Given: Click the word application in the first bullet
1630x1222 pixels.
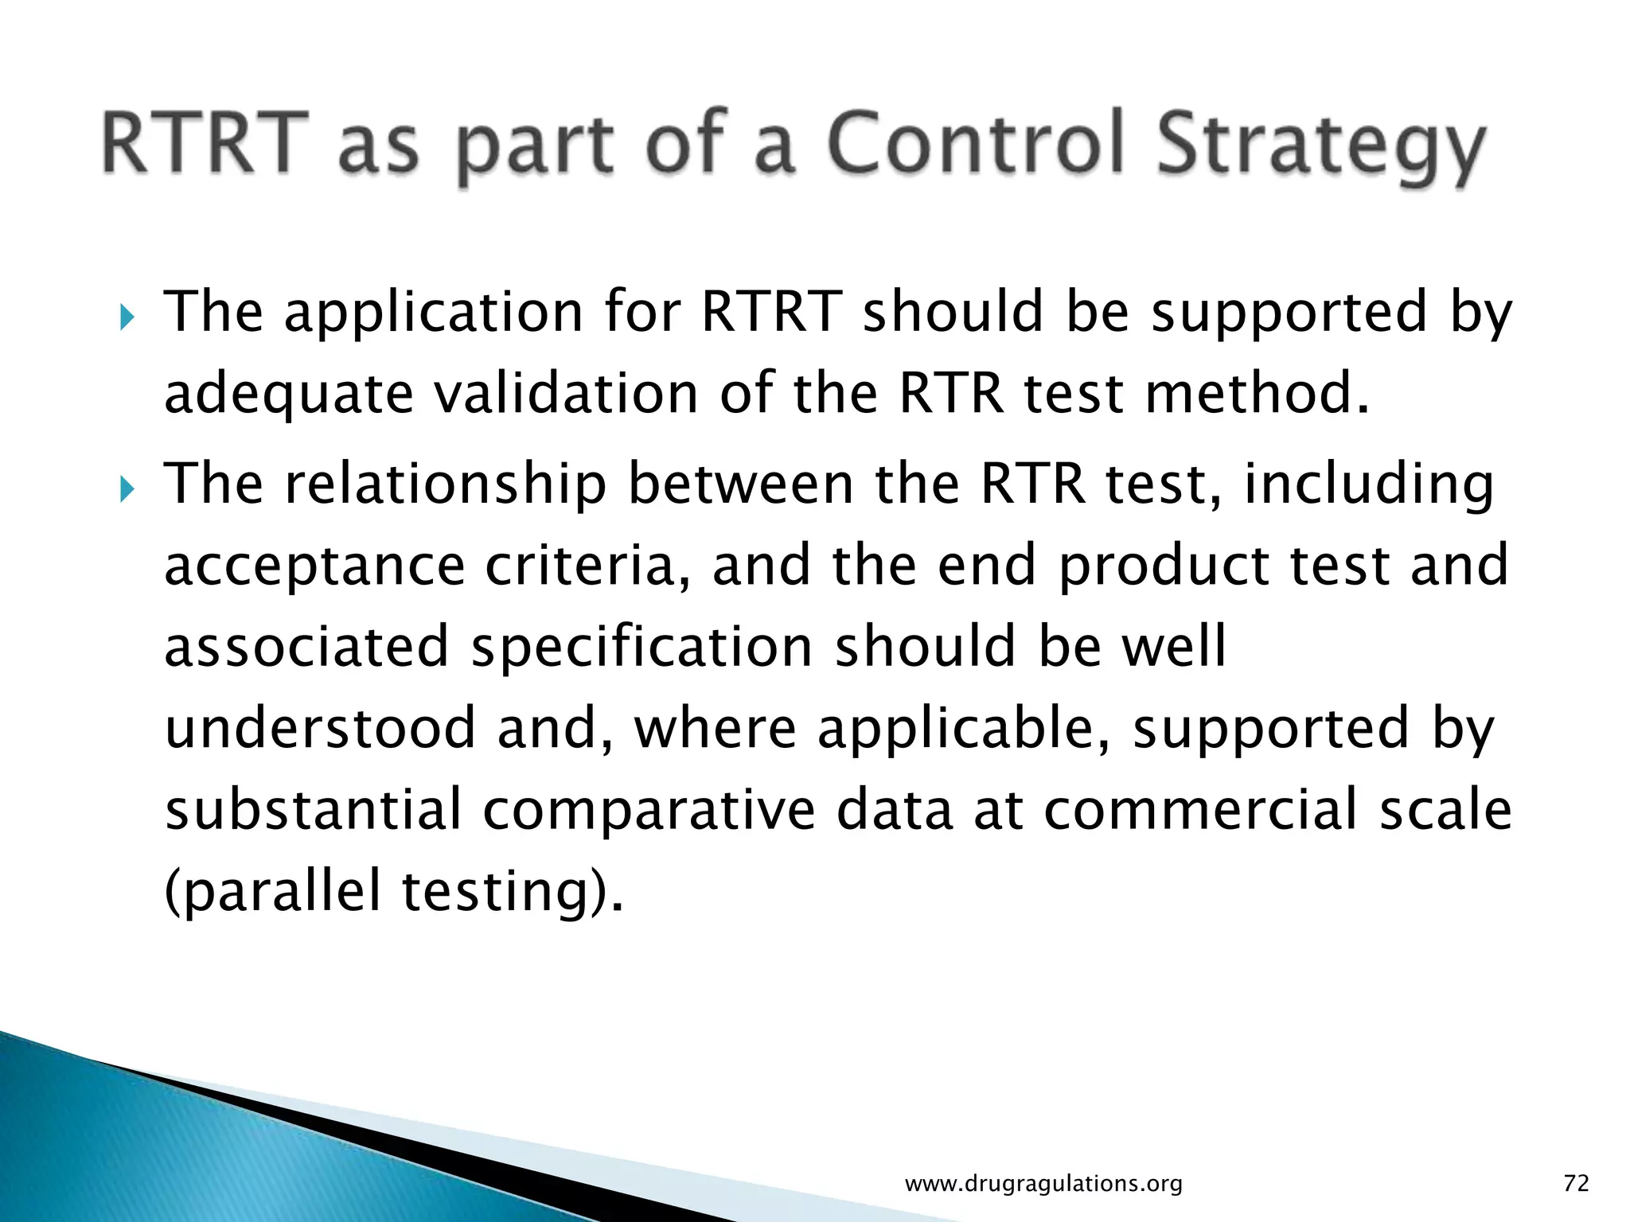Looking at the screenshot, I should (434, 313).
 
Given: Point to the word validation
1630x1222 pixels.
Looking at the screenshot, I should (565, 394).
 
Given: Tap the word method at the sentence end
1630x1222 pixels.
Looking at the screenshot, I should (1250, 394).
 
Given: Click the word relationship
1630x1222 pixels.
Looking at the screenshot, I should (446, 485).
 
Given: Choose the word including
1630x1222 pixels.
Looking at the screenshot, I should (1369, 485).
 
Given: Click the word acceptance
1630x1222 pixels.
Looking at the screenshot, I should (314, 567).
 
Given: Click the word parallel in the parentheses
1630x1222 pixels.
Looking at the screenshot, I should (283, 891).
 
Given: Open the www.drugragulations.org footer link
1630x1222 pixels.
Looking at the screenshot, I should (1043, 1184).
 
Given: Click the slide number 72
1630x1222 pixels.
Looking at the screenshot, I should (1576, 1184).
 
